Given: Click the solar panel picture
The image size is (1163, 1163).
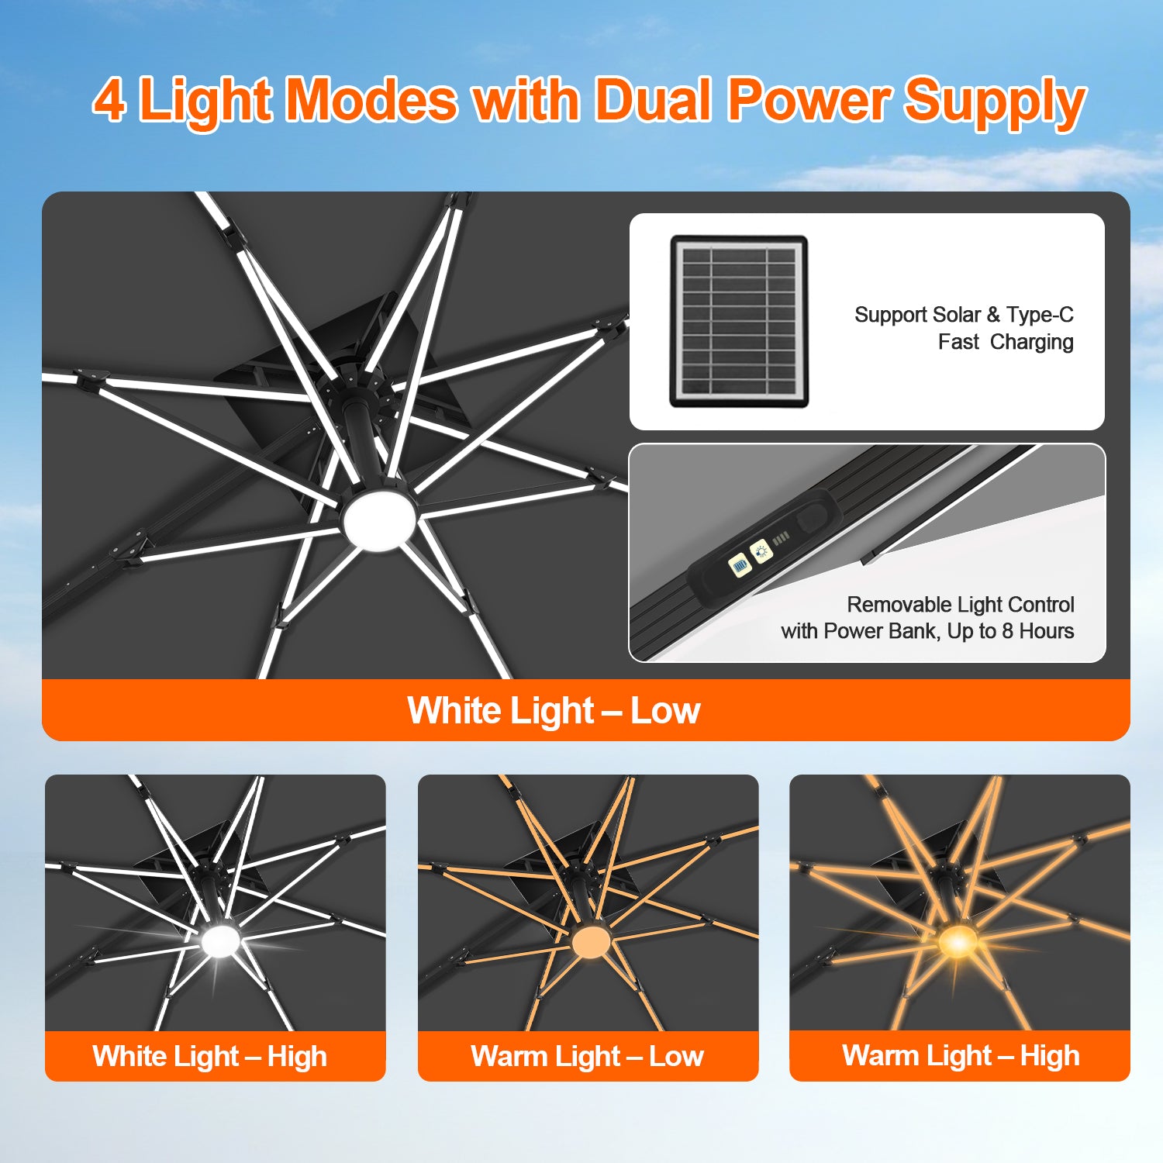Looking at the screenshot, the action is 739,322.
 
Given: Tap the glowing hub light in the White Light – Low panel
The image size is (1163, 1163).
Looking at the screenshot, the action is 379,519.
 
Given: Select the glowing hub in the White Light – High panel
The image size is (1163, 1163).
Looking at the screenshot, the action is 220,940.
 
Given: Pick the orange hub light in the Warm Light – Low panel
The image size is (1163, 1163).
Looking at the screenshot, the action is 591,941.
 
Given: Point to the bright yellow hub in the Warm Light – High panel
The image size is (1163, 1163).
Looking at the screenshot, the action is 958,941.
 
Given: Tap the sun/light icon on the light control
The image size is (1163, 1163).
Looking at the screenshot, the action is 761,551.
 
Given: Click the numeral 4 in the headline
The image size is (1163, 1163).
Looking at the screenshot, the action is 109,100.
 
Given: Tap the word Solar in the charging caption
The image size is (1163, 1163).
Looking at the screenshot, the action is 957,315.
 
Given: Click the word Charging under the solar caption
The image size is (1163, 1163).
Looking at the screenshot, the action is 1032,342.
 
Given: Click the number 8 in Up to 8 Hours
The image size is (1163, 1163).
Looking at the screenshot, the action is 1007,631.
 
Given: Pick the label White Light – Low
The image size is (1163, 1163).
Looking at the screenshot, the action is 554,710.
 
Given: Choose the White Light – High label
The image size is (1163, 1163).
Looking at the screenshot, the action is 209,1057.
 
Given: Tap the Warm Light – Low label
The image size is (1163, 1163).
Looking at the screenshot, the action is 588,1056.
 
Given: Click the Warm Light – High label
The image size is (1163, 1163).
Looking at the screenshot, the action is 961,1056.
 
